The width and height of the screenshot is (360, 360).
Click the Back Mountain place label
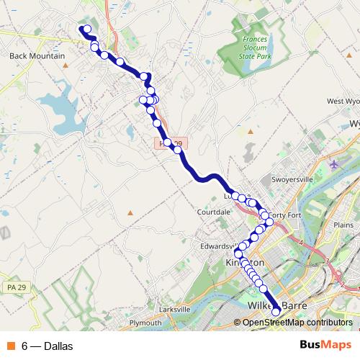(x=37, y=55)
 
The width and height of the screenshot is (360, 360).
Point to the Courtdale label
(x=214, y=212)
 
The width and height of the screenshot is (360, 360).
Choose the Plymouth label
(x=145, y=323)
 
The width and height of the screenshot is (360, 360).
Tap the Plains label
(x=343, y=225)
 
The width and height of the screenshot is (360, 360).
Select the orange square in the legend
(x=11, y=346)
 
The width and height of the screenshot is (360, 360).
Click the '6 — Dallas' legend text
(x=47, y=346)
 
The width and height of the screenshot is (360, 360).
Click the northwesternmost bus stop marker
(x=87, y=30)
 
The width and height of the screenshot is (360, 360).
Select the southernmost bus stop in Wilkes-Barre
(x=275, y=312)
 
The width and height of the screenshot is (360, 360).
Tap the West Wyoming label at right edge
(x=343, y=102)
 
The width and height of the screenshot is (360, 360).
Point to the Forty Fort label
(x=284, y=215)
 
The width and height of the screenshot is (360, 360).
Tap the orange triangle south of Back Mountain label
(x=66, y=66)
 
